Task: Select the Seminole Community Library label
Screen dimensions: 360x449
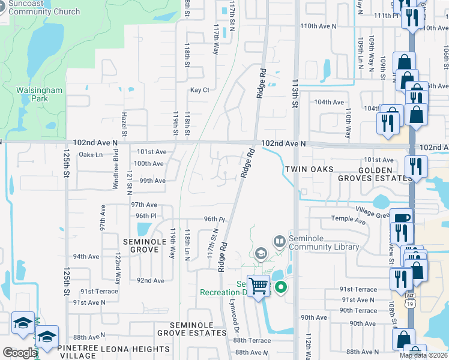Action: tap(325, 242)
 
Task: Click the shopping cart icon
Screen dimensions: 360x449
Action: tap(259, 286)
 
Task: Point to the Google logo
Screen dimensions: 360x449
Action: tap(19, 353)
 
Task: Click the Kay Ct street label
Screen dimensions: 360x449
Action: tap(199, 90)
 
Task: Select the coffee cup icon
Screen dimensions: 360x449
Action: tap(400, 218)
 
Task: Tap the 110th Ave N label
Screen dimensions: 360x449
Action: tap(320, 26)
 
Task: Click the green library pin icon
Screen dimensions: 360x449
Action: tap(280, 289)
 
